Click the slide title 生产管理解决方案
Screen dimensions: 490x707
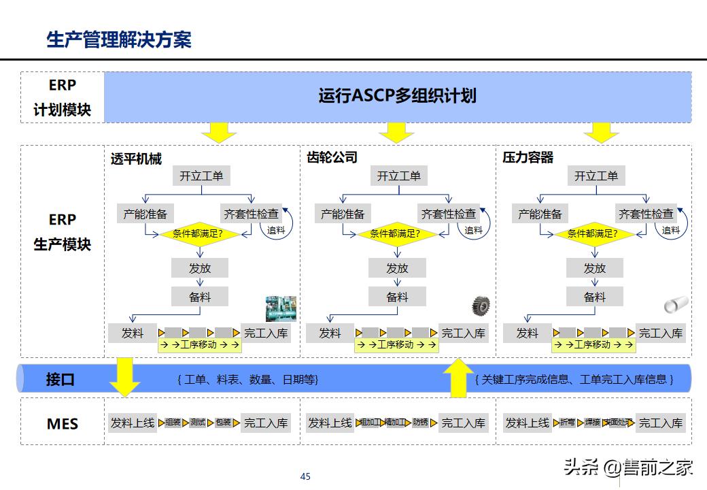point(118,39)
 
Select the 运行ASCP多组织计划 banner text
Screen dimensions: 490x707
point(397,95)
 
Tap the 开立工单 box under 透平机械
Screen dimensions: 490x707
point(201,176)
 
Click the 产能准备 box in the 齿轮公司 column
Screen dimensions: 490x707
point(343,214)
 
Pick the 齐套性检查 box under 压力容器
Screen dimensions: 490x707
point(646,214)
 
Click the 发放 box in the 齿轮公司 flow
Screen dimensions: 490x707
point(397,268)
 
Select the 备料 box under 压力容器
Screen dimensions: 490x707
point(595,297)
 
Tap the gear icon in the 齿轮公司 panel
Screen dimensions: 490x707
point(481,306)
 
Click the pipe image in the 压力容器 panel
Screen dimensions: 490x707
point(676,304)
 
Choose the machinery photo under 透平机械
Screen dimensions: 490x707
point(281,308)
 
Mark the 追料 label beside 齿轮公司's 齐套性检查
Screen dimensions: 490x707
point(473,231)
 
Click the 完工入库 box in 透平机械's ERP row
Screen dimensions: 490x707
point(266,333)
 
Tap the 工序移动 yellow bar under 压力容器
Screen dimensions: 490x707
point(594,344)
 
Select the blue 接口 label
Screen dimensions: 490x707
point(61,379)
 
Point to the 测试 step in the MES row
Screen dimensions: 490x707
point(198,423)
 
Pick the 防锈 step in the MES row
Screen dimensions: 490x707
point(421,423)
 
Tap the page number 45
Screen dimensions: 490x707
point(305,476)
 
